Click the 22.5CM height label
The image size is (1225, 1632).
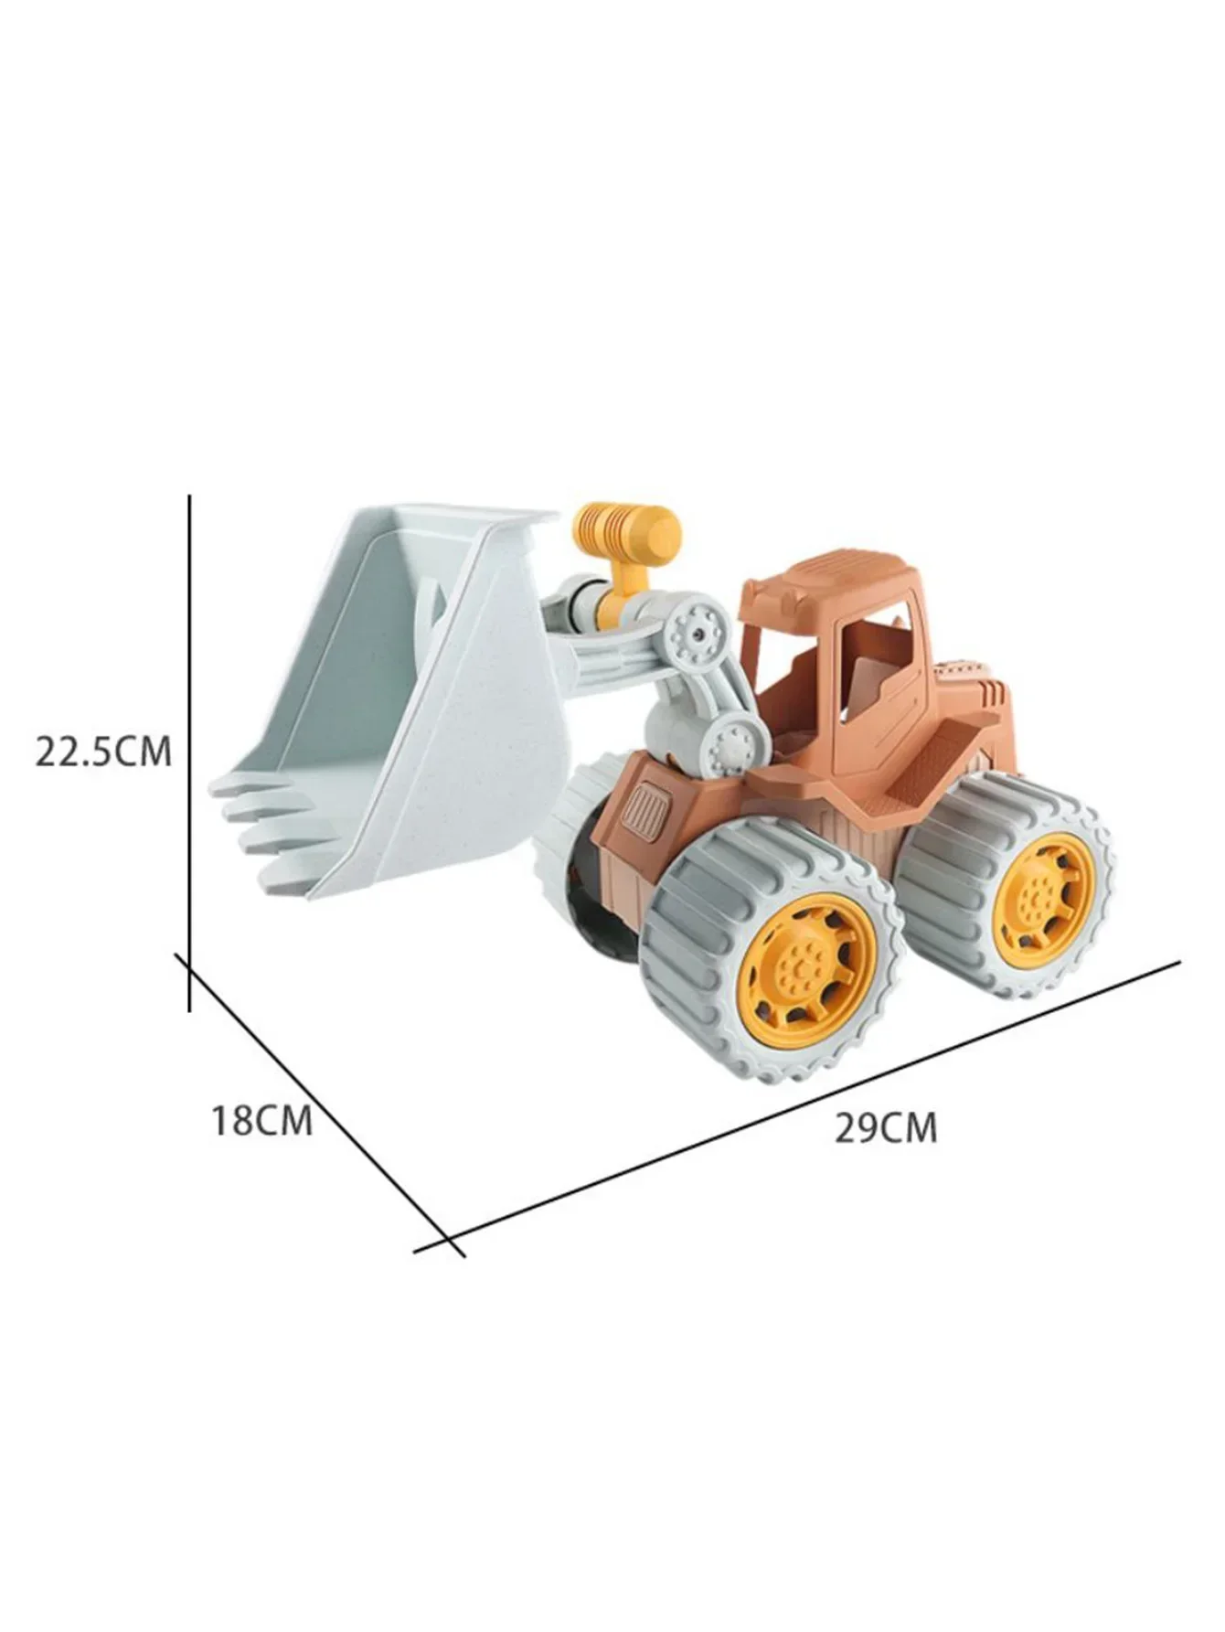[103, 752]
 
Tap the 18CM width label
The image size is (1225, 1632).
[262, 1120]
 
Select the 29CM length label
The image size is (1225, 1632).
[885, 1127]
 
